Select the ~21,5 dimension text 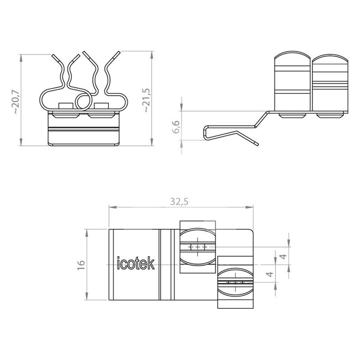(x=147, y=100)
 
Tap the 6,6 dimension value (x=176, y=127)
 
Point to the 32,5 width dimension (x=179, y=202)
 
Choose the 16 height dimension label (x=81, y=265)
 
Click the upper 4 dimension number (x=284, y=256)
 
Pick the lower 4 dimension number (x=270, y=274)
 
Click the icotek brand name (x=136, y=263)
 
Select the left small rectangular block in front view (x=66, y=106)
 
